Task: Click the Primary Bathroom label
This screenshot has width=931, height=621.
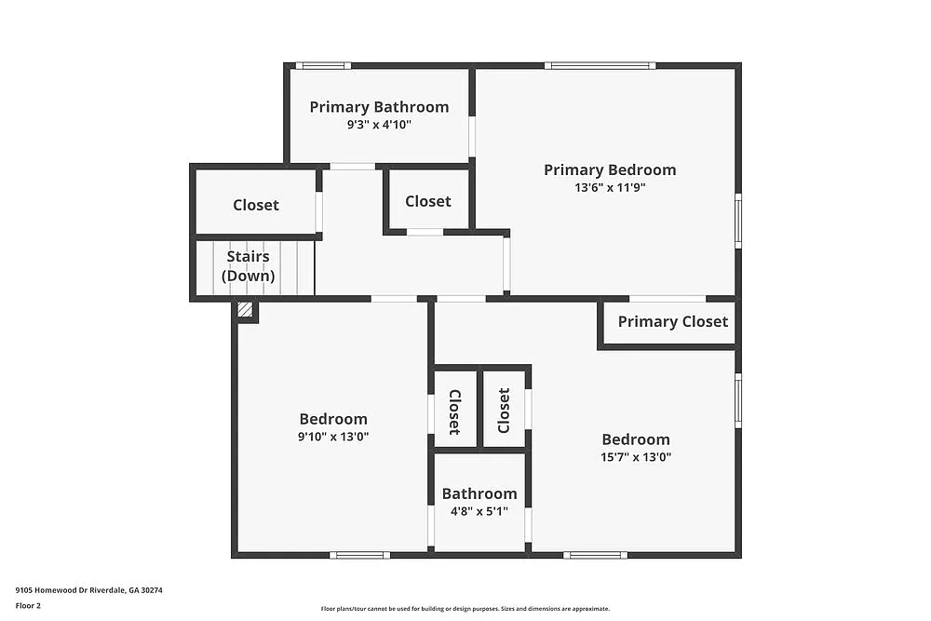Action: (x=379, y=107)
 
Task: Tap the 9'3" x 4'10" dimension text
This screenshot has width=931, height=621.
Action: (x=379, y=125)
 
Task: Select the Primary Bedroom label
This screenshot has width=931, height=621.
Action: (x=610, y=169)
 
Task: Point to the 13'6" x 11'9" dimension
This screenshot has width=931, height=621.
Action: (x=610, y=187)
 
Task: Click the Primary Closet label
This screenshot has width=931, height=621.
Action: (x=672, y=321)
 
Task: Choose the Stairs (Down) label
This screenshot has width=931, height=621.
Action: (x=248, y=265)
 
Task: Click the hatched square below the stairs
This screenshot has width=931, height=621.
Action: (x=246, y=310)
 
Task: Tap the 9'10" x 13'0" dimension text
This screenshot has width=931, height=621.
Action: (x=333, y=436)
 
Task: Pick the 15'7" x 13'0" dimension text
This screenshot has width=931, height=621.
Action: (x=636, y=457)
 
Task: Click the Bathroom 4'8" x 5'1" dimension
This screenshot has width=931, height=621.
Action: (x=479, y=510)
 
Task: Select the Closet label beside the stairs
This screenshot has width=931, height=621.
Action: (x=256, y=205)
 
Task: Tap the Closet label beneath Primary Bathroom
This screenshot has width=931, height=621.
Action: (x=428, y=201)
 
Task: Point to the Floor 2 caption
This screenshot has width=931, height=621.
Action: (x=29, y=605)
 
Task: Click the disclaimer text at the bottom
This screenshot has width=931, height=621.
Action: (x=465, y=608)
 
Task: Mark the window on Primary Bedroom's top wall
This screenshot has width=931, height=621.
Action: (x=600, y=65)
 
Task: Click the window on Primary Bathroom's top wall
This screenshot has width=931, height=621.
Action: (x=323, y=65)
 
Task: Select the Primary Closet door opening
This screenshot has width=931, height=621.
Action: (x=668, y=299)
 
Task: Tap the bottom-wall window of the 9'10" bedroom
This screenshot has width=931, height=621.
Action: (x=359, y=555)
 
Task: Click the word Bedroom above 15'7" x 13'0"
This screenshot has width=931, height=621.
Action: (x=636, y=439)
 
